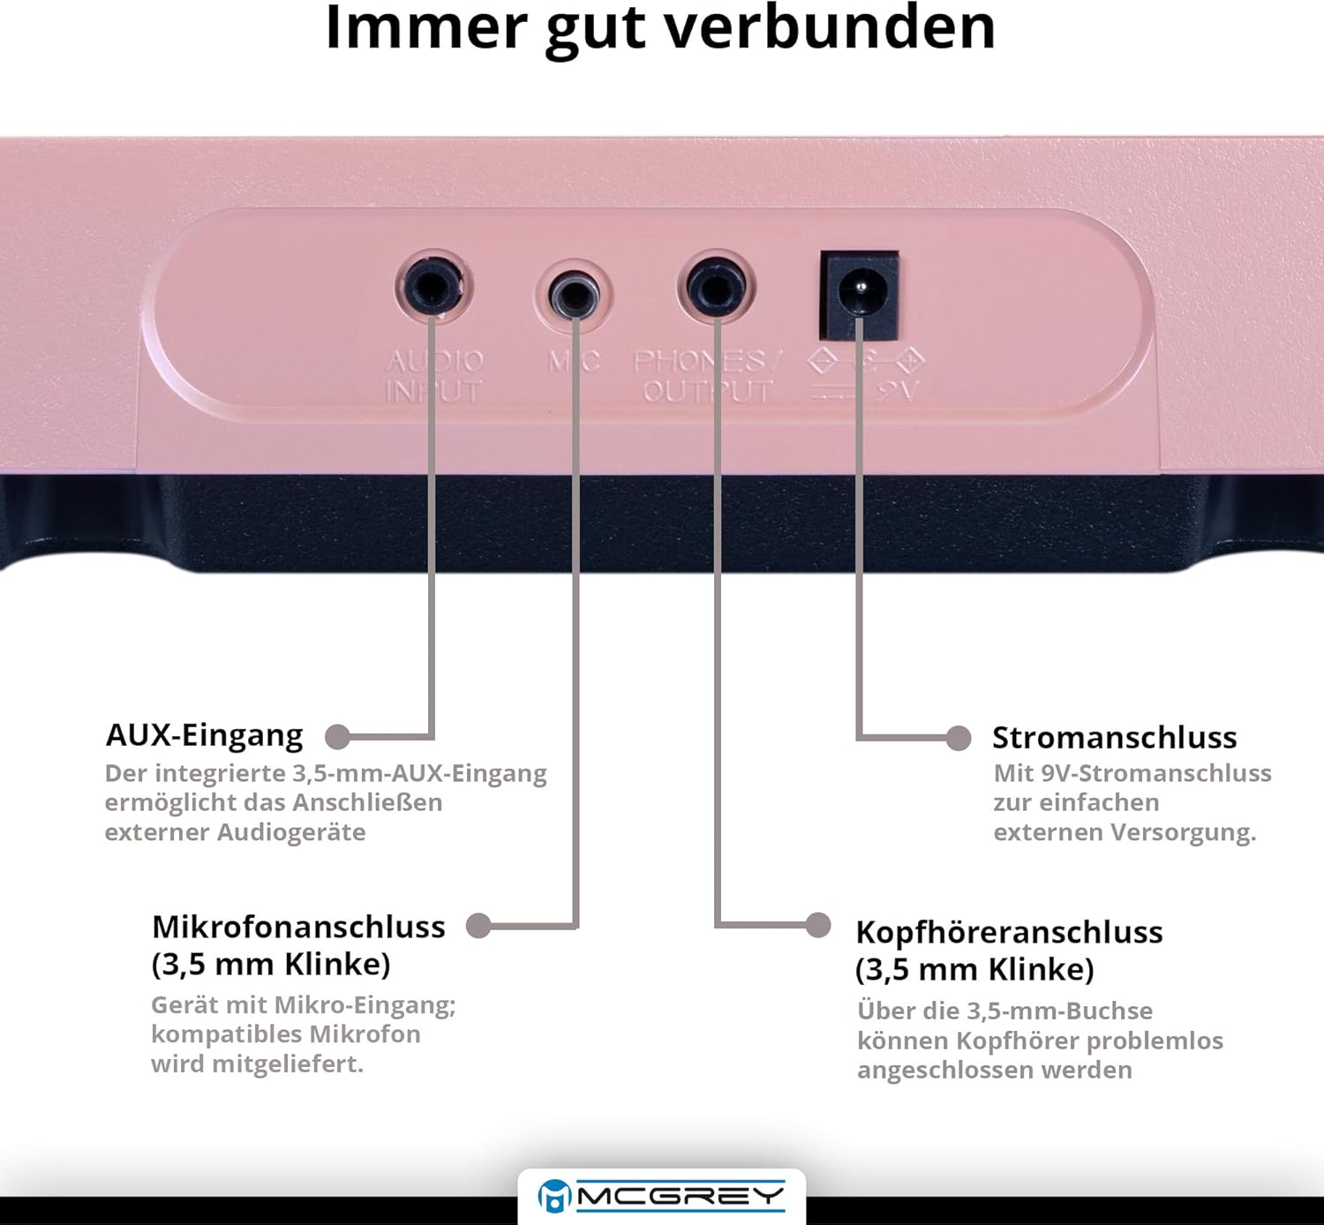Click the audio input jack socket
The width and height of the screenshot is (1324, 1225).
433,288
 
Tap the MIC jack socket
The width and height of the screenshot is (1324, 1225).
574,296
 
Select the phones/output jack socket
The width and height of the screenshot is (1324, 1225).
717,288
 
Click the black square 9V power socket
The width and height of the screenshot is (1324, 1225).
860,296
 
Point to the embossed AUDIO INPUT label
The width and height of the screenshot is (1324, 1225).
434,376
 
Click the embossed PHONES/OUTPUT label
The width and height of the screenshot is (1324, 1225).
707,376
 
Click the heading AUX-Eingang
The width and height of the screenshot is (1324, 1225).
204,735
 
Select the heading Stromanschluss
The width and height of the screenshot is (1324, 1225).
1114,738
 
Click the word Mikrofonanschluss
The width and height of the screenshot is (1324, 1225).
298,927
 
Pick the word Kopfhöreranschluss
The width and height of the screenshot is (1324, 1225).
1010,932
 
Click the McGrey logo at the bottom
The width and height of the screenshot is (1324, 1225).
661,1196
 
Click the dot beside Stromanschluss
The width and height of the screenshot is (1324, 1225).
958,738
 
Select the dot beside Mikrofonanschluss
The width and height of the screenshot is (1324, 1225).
478,926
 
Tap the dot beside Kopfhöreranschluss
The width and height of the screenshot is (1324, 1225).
818,925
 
